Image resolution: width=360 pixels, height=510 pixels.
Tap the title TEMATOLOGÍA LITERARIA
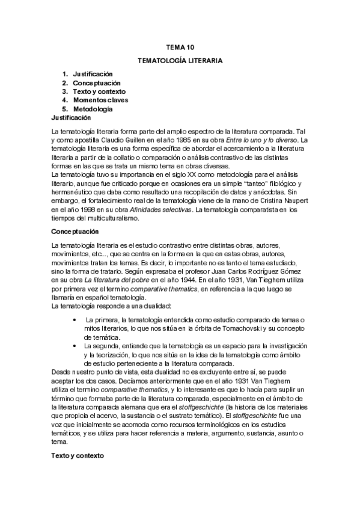tap(180, 61)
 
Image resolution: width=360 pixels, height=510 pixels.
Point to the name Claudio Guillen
tap(128, 140)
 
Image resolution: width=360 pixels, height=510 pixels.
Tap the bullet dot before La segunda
tap(73, 348)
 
